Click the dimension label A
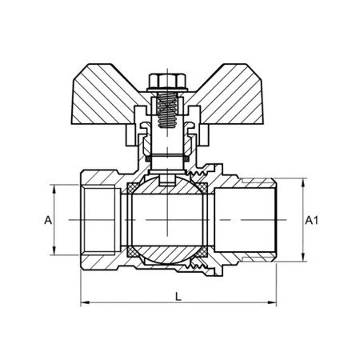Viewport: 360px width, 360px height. [48, 220]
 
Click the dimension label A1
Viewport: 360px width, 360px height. [311, 220]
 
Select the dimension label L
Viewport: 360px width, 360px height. [178, 296]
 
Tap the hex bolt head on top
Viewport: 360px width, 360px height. [167, 81]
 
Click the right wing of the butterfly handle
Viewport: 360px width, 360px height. [226, 94]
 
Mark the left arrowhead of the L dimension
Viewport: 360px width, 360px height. [85, 302]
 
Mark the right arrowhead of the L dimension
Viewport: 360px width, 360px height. [272, 302]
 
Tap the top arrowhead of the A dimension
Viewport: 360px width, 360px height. [54, 189]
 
